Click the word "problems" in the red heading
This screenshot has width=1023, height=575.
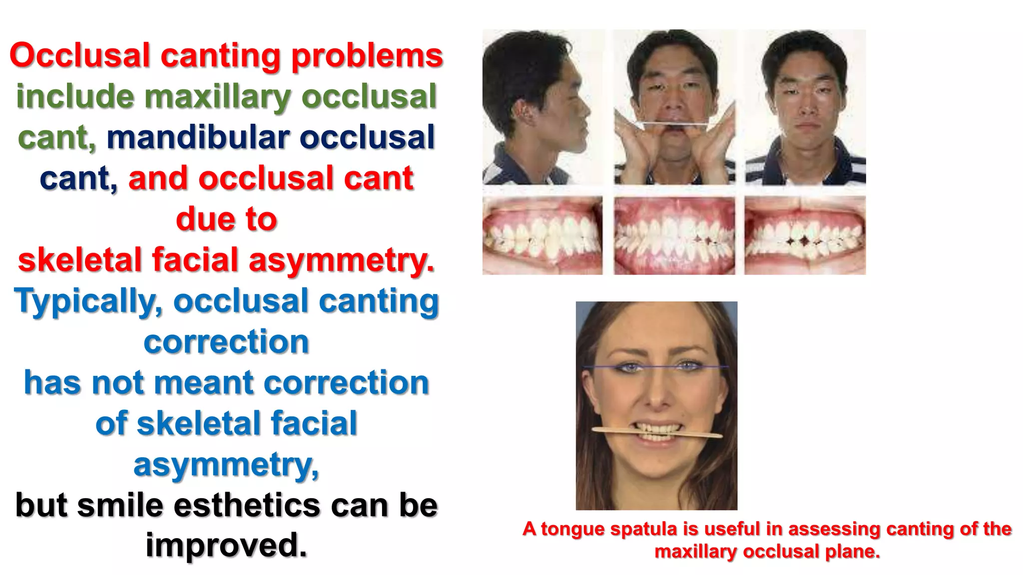click(x=367, y=56)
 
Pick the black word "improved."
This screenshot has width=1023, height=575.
click(x=226, y=545)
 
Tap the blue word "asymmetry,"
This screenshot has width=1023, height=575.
click(x=226, y=464)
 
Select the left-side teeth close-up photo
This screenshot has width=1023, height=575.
click(x=542, y=236)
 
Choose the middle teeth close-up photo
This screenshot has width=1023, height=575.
click(x=674, y=236)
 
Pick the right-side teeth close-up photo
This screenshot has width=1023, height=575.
click(x=805, y=236)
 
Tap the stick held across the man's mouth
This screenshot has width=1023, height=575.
click(x=674, y=123)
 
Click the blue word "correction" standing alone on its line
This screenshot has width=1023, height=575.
click(x=226, y=342)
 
